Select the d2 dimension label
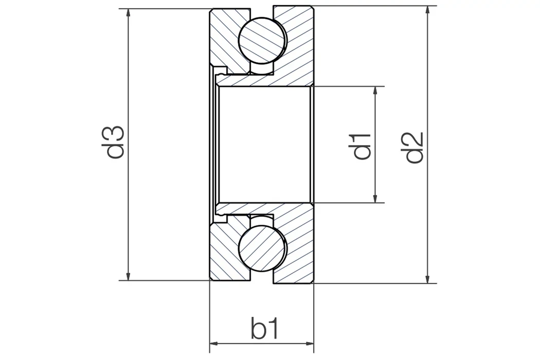click(414, 147)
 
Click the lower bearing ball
click(262, 248)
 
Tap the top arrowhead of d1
click(376, 91)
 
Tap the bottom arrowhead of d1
click(376, 198)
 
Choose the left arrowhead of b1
click(214, 344)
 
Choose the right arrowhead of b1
click(309, 344)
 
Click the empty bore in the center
click(264, 145)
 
